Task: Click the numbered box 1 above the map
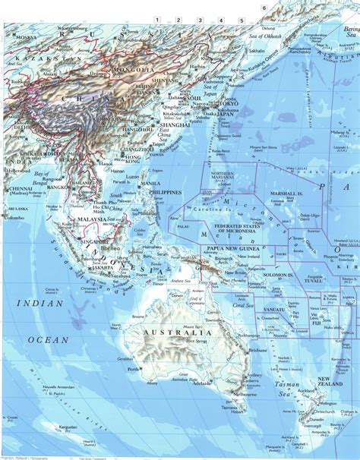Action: (x=156, y=20)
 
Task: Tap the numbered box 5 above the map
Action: (x=242, y=20)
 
